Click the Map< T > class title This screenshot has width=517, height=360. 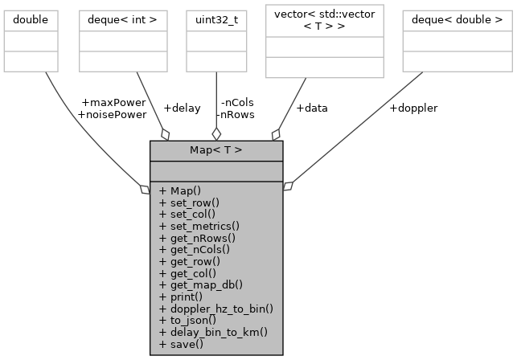click(x=215, y=150)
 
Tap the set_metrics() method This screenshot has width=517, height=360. click(x=194, y=227)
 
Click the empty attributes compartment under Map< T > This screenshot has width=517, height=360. click(x=215, y=170)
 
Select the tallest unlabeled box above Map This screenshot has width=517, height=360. click(x=324, y=41)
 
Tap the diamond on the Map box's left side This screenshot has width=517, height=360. click(x=146, y=190)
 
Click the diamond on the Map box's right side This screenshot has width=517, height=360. click(x=287, y=186)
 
